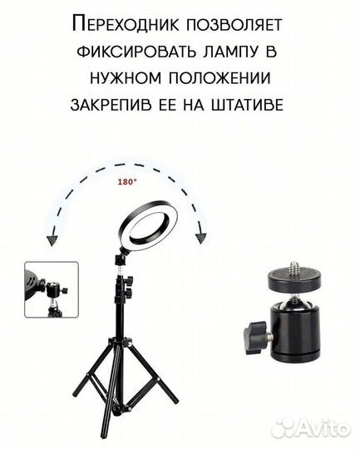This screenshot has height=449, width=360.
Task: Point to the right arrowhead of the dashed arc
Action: point(200,240)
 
